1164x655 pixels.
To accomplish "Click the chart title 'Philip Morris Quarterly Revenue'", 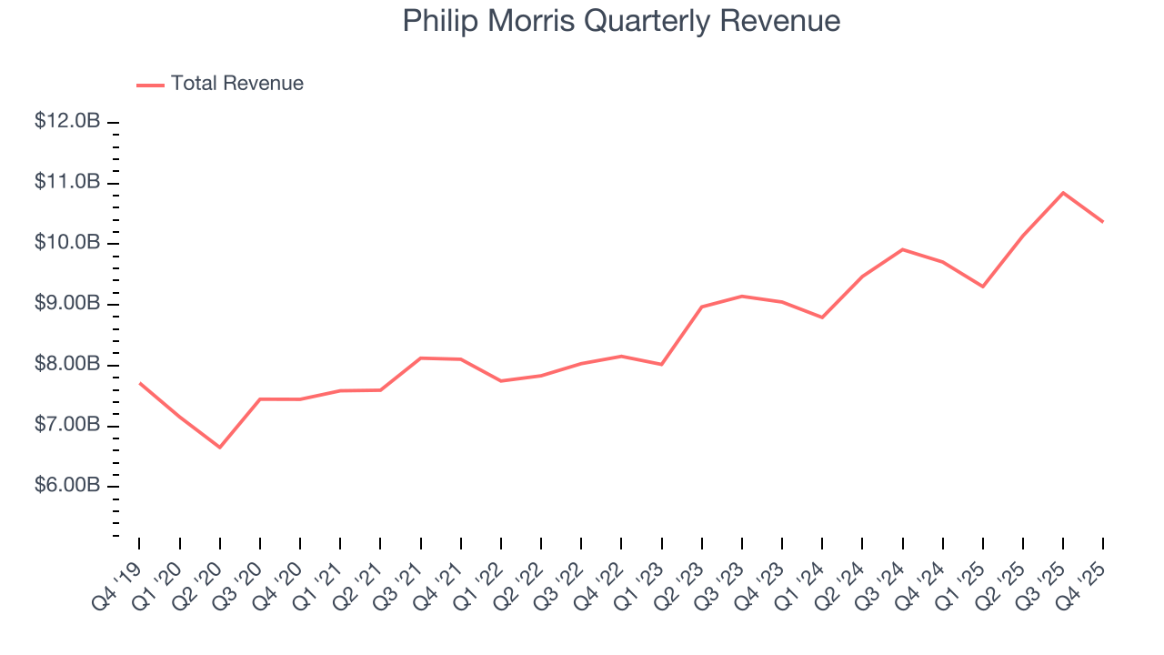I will (621, 21).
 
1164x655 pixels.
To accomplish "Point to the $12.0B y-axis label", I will (67, 122).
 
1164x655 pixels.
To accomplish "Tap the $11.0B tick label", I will (67, 183).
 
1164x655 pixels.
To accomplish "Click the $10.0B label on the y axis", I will (67, 243).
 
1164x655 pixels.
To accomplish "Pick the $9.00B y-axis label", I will (67, 304).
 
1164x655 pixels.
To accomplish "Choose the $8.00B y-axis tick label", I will (67, 365).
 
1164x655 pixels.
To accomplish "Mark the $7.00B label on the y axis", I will (67, 426).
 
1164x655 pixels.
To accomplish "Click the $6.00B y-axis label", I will (67, 486).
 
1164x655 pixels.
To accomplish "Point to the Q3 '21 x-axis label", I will (399, 575).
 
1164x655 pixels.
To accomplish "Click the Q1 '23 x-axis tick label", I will (640, 575).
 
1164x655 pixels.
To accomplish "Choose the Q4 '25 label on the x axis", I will (1082, 575).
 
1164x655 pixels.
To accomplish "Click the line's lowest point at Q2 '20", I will (220, 447).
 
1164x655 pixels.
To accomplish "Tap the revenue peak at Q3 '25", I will (1063, 193).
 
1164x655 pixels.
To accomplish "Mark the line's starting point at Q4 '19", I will (139, 383).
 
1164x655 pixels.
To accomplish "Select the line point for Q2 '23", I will (702, 307).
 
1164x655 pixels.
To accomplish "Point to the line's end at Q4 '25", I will (1103, 221).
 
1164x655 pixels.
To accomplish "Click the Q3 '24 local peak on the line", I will (902, 249).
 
